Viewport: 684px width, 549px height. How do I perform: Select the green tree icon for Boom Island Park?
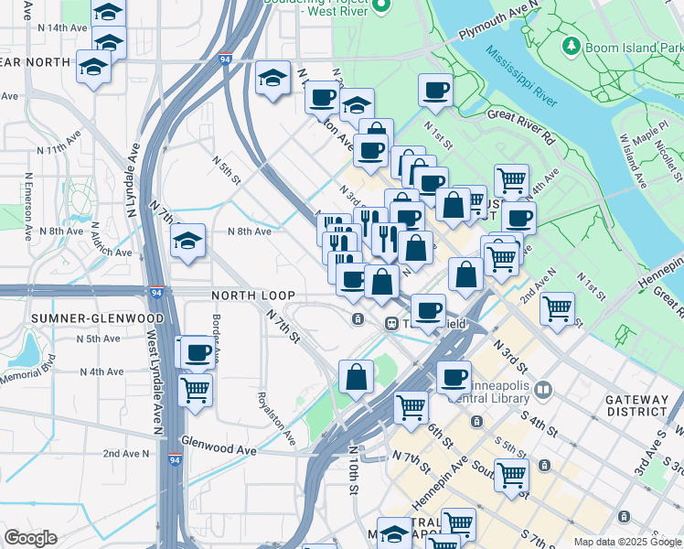pos(572,45)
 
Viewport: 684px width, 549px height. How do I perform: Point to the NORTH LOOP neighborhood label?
pos(253,296)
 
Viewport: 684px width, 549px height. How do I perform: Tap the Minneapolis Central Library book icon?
pos(544,391)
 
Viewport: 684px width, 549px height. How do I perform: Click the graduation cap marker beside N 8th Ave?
pos(189,242)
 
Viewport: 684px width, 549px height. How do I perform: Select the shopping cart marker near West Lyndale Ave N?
pos(196,391)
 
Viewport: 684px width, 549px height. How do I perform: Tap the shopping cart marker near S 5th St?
pos(511,475)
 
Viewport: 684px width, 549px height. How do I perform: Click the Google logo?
pos(31,538)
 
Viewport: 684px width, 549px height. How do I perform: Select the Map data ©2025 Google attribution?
pos(627,542)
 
